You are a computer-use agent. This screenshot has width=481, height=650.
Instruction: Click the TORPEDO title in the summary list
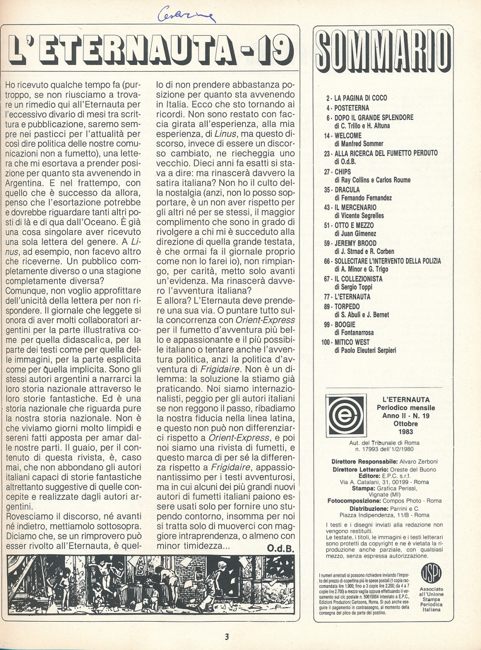347,306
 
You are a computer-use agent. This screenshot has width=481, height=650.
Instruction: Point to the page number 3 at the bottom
227,637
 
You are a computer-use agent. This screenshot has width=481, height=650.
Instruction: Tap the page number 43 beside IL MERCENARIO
327,208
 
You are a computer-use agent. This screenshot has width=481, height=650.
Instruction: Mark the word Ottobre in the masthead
405,423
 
